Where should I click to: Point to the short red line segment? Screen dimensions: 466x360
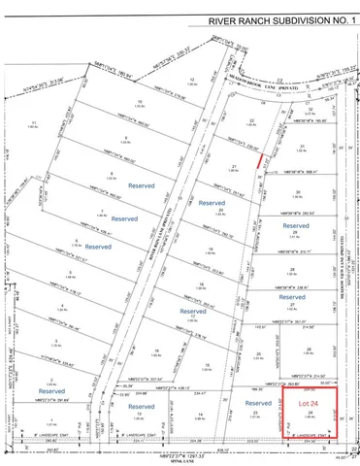click(258, 165)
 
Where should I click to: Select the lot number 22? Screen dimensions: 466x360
click(251, 120)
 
